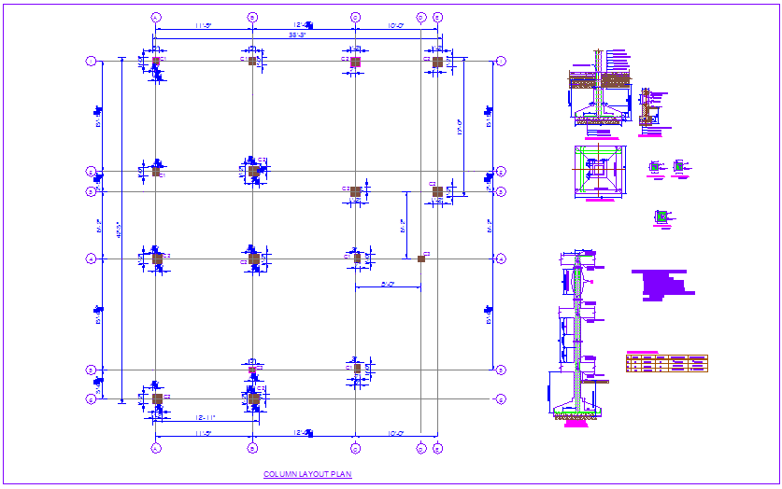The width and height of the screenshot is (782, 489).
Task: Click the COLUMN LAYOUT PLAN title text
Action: [307, 475]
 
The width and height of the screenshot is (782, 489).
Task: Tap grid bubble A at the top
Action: [156, 18]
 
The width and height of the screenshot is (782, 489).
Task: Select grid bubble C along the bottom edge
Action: [355, 449]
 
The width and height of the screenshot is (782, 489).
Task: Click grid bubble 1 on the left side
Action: [91, 61]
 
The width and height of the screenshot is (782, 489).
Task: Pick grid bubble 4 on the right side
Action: [501, 258]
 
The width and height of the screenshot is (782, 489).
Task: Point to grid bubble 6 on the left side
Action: [91, 399]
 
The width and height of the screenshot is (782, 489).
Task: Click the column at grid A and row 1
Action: [156, 61]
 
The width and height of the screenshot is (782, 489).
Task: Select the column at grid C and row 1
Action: [355, 61]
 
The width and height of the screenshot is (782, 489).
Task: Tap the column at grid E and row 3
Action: [437, 191]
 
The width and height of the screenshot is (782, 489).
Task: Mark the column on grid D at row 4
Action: [421, 258]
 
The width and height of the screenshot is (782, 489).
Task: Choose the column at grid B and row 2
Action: [253, 171]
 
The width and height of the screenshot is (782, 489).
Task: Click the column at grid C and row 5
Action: [356, 369]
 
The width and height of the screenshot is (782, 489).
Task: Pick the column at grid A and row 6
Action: [157, 399]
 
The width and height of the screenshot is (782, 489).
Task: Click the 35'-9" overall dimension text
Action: [297, 35]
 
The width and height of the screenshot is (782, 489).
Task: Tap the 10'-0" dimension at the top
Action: [393, 25]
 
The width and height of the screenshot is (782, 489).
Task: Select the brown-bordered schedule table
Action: [666, 363]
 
